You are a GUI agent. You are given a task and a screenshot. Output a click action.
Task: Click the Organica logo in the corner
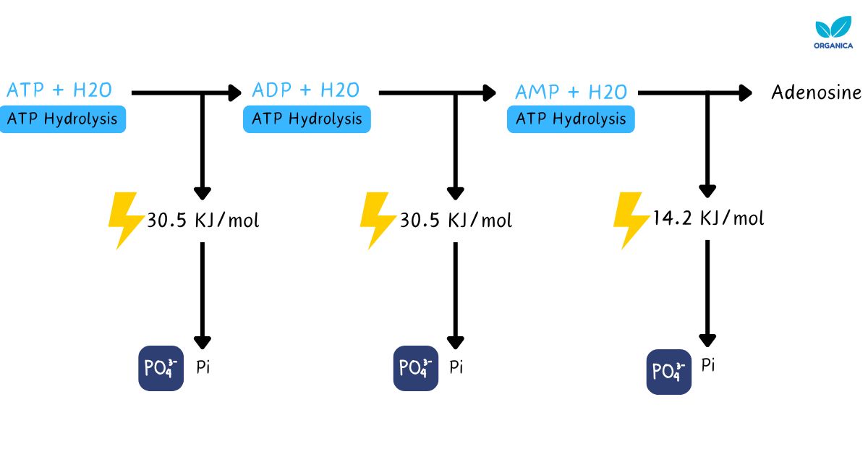[x=833, y=33]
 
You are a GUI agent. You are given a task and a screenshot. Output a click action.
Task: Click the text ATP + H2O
[x=59, y=90]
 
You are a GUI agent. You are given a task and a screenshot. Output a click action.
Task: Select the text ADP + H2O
[x=305, y=90]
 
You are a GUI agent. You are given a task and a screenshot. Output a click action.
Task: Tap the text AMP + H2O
[x=571, y=93]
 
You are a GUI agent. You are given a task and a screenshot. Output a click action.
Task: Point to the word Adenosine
[x=816, y=93]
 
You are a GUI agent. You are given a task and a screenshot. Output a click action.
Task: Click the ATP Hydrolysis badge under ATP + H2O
[x=62, y=119]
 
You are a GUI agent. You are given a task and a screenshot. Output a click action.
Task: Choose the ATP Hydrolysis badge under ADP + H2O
[x=307, y=119]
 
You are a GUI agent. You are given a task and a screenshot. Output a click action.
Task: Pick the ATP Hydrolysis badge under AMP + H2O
[x=571, y=119]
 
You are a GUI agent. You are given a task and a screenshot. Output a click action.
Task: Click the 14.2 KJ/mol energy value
[x=707, y=218]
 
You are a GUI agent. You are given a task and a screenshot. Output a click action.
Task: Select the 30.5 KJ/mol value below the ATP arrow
[x=203, y=221]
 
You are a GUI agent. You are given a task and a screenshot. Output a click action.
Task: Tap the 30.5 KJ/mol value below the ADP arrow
[x=456, y=221]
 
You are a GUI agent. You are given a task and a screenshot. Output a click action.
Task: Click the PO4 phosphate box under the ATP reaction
[x=161, y=368]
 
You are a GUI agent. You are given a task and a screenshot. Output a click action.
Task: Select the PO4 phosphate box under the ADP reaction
[x=416, y=368]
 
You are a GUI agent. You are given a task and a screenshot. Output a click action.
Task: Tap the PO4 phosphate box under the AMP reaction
[x=668, y=372]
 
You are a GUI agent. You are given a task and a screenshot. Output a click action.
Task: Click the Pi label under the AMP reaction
[x=708, y=365]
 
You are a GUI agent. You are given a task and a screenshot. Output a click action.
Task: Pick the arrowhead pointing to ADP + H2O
[x=234, y=93]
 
